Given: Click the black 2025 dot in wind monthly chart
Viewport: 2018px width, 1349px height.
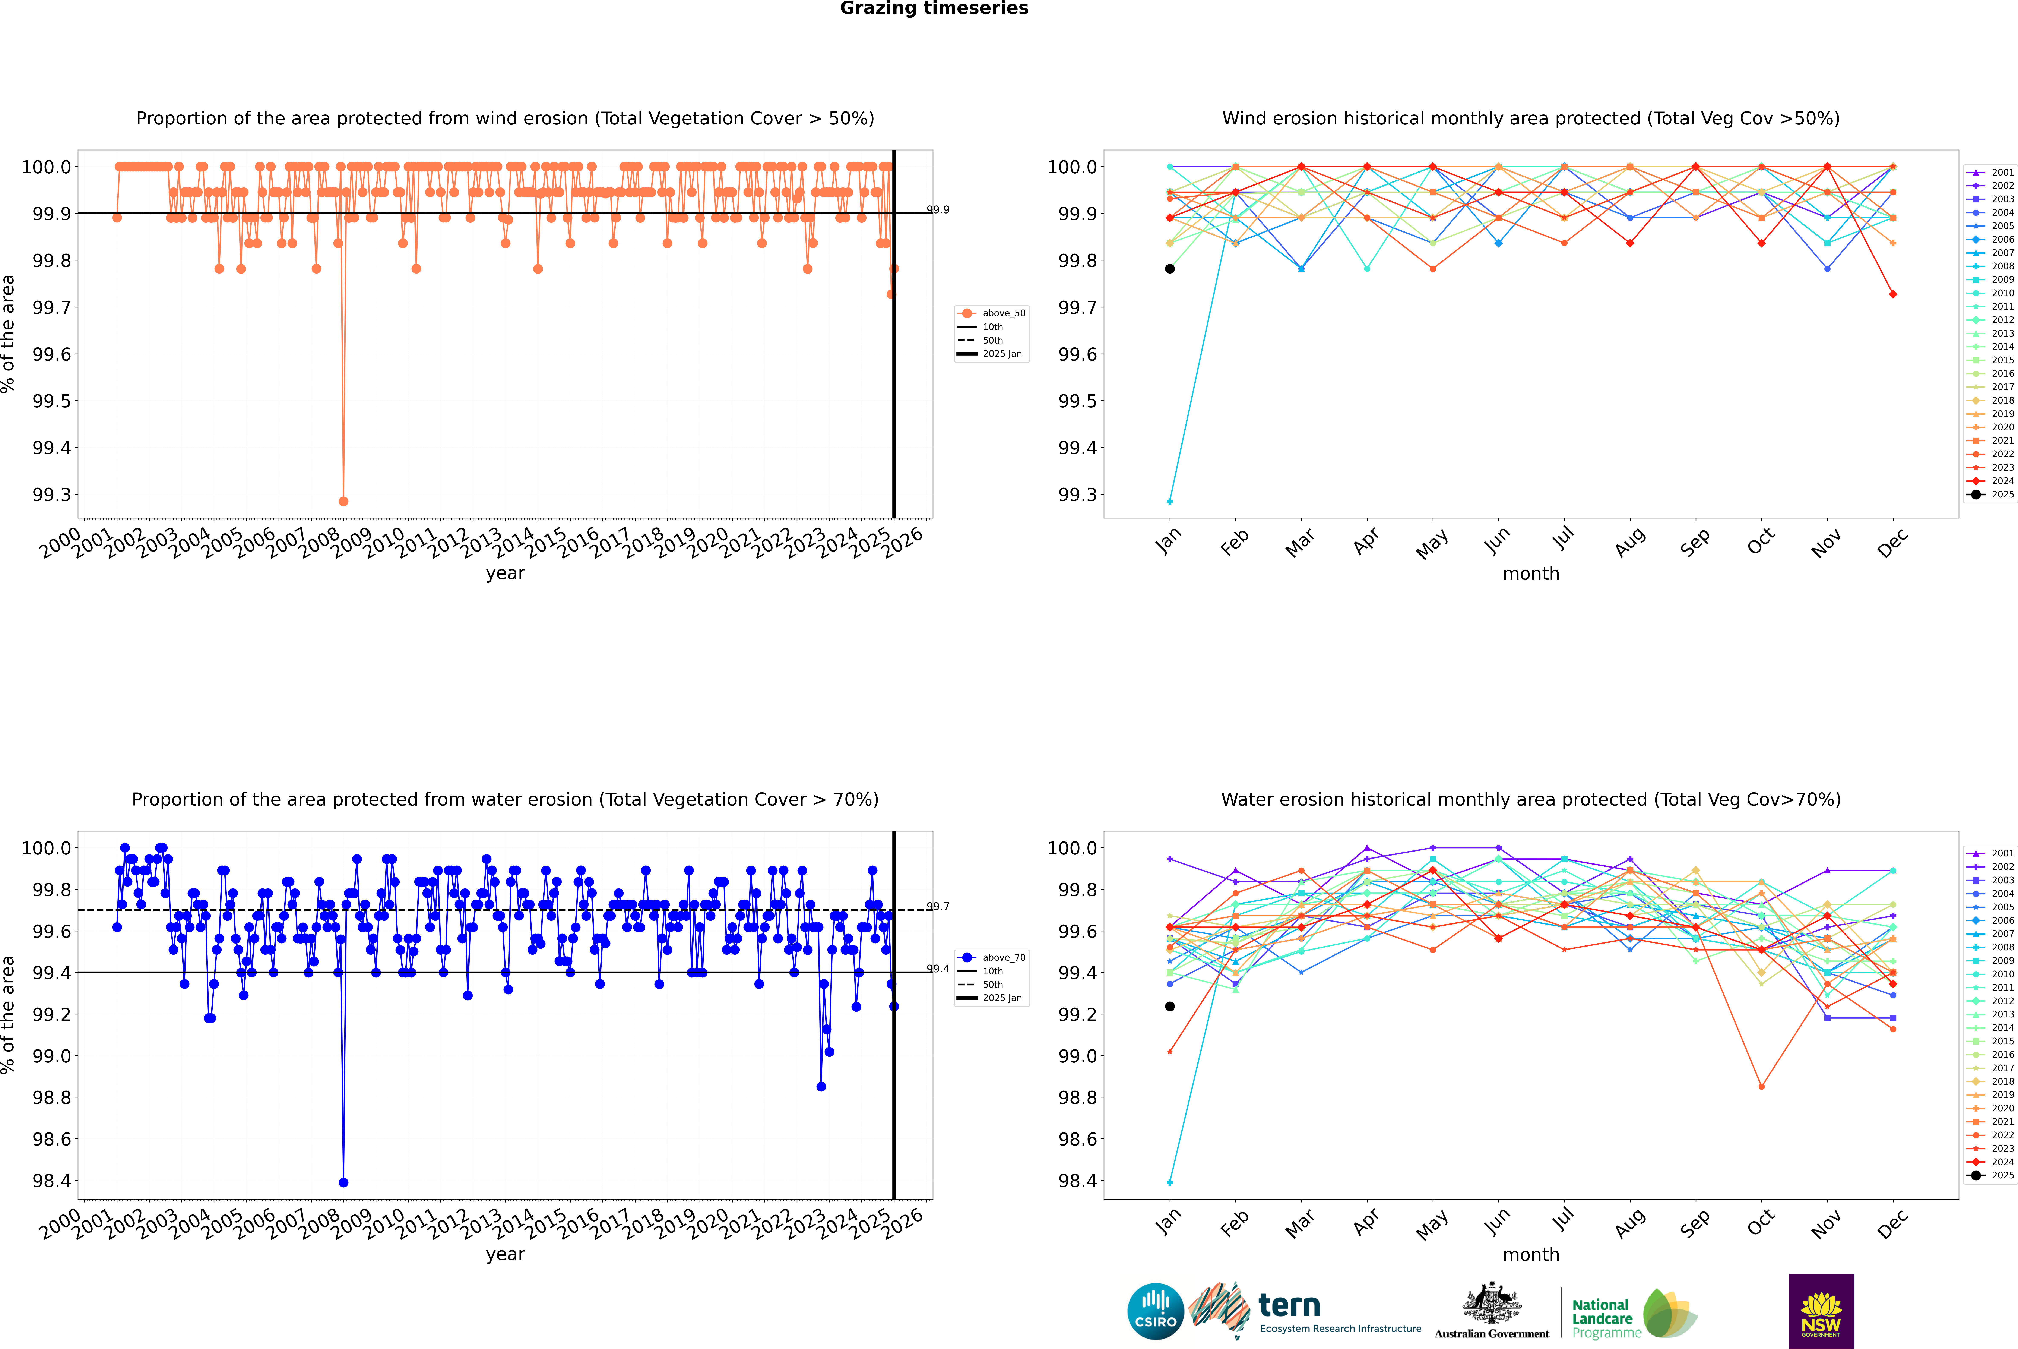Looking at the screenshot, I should [x=1170, y=268].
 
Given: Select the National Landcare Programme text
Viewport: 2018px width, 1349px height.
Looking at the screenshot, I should [x=1602, y=1318].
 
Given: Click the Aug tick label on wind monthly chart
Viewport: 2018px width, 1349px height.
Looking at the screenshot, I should [x=1630, y=542].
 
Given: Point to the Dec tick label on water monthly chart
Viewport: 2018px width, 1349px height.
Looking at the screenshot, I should [x=1892, y=1223].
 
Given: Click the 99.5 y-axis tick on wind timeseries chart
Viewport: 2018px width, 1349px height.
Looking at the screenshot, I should [x=52, y=401].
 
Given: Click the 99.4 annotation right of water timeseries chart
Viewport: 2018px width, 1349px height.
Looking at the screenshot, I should [x=938, y=969].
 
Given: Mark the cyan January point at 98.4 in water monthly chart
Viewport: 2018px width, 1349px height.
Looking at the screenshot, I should [x=1170, y=1182].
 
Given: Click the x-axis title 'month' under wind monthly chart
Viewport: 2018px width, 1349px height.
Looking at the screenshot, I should [x=1530, y=574].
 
